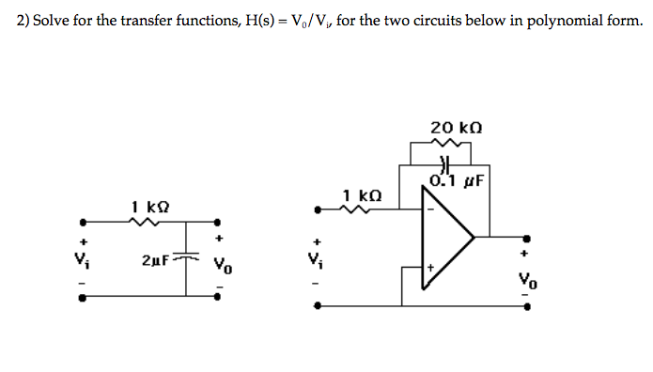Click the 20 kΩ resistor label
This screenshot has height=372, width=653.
click(457, 127)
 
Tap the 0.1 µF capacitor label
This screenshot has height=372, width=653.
click(455, 182)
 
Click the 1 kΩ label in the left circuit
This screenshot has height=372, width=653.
click(151, 205)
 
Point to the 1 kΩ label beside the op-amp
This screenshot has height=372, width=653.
click(362, 196)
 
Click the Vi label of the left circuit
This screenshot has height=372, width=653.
click(83, 258)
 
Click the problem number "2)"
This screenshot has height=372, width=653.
click(23, 22)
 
